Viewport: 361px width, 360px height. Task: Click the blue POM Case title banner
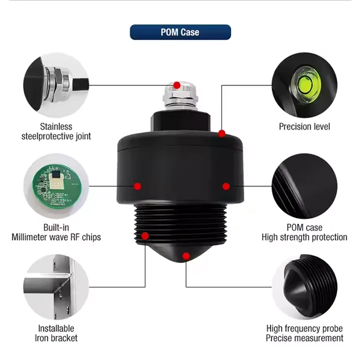(x=180, y=32)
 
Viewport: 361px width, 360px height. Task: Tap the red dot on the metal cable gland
(x=177, y=85)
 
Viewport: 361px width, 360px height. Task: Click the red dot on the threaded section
(x=145, y=236)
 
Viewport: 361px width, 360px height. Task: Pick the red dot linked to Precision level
(x=222, y=133)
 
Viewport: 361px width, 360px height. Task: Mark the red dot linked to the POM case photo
(x=225, y=185)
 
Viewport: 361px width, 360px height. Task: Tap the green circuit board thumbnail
(x=56, y=186)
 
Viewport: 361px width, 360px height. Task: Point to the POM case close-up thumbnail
(x=304, y=186)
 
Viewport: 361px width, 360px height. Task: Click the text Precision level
(x=304, y=126)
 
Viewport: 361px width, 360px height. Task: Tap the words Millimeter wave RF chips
(x=56, y=237)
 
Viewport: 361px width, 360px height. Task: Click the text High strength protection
(x=304, y=237)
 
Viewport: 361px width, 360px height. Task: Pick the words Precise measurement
(x=304, y=338)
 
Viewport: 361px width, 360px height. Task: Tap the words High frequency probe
(x=304, y=328)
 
